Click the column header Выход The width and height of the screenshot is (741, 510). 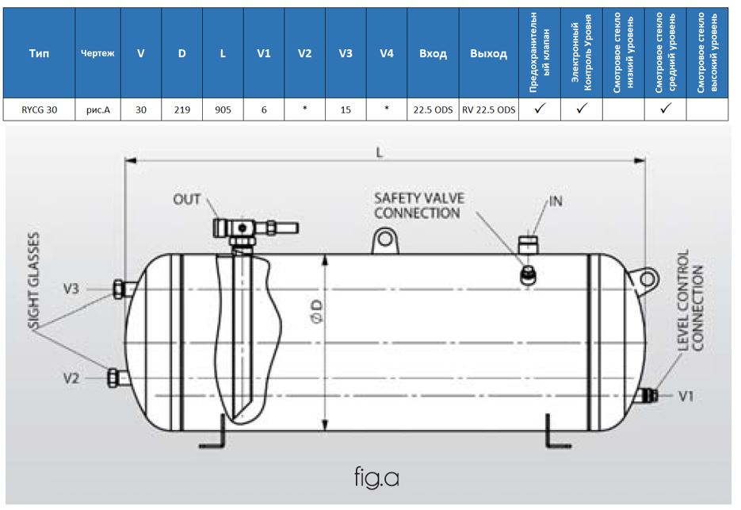coord(488,55)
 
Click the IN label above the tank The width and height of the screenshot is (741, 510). coord(556,201)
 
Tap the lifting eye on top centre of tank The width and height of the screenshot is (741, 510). coord(386,240)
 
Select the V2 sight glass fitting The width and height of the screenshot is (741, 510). coord(114,378)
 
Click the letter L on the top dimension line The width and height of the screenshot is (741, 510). coord(380,152)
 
